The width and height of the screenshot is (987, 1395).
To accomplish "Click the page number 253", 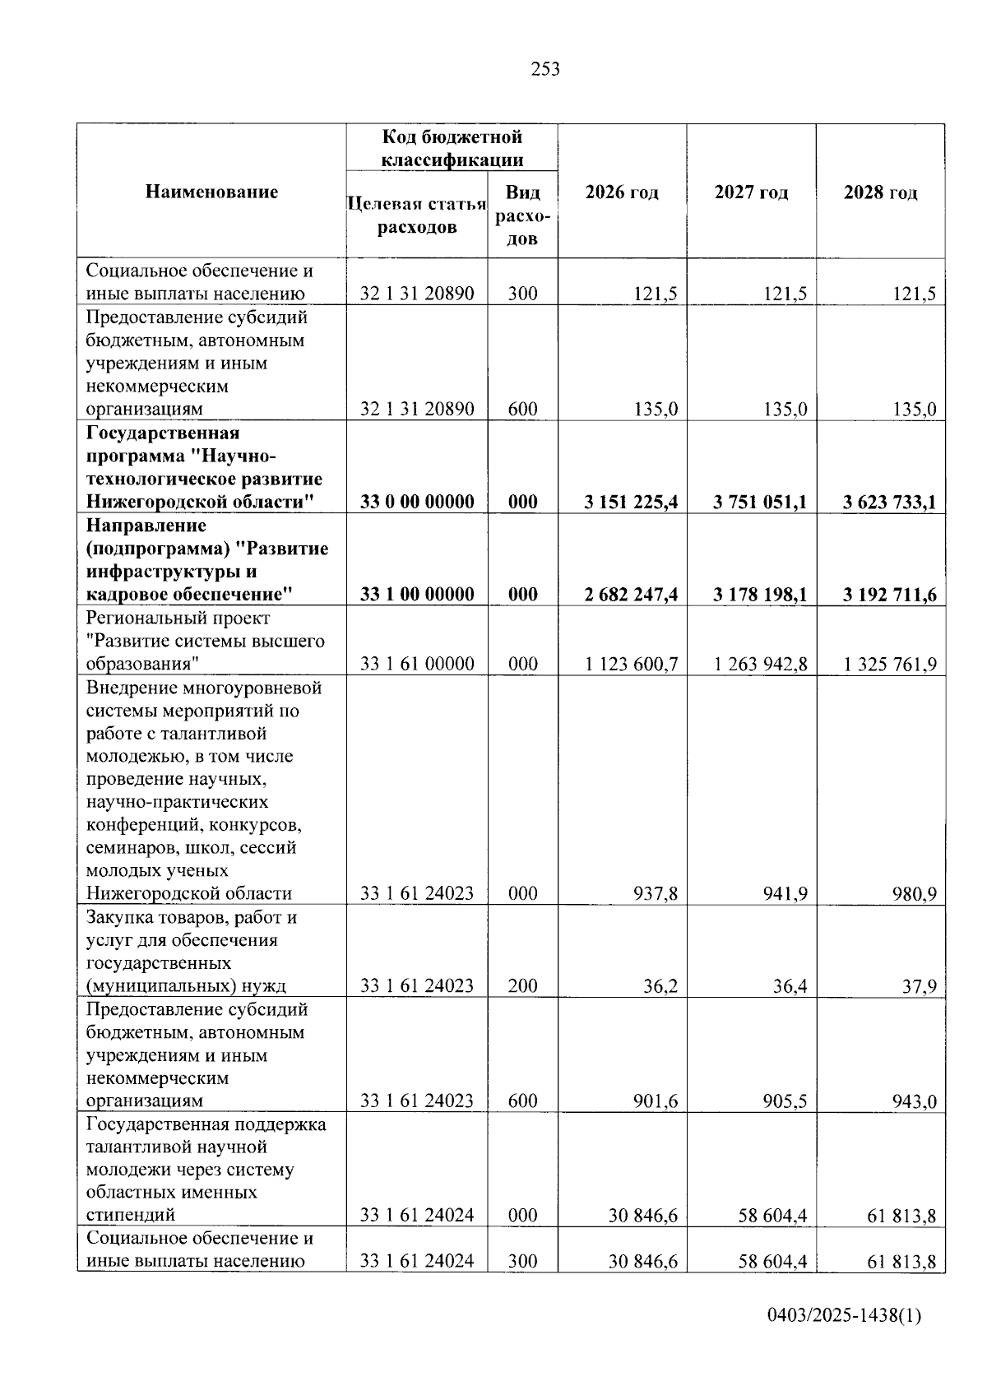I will (545, 69).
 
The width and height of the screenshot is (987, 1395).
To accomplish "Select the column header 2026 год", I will (622, 192).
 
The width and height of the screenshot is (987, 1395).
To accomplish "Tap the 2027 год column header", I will (751, 192).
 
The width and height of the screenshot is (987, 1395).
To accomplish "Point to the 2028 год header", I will (880, 192).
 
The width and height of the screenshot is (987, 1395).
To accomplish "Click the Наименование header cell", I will (211, 192).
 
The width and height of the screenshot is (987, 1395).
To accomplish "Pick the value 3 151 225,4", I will (631, 502).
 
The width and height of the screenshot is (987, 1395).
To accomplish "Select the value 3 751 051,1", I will (760, 502).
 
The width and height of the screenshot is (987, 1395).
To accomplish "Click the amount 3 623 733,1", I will (889, 502).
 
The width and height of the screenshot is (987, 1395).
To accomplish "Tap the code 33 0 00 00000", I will (417, 502).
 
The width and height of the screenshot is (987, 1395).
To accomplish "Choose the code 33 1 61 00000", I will (417, 664).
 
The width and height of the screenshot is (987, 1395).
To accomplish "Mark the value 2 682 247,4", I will (631, 594).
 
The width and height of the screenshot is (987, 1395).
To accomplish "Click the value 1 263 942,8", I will (760, 664).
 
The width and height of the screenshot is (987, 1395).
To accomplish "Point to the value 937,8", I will (656, 893).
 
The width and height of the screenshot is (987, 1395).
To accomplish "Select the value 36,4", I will (790, 985).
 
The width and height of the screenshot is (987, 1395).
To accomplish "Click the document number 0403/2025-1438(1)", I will (844, 1316).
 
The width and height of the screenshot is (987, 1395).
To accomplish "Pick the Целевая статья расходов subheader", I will (417, 216).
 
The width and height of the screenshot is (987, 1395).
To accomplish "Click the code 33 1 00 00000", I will (417, 594).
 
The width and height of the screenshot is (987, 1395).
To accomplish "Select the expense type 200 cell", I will (522, 985).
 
